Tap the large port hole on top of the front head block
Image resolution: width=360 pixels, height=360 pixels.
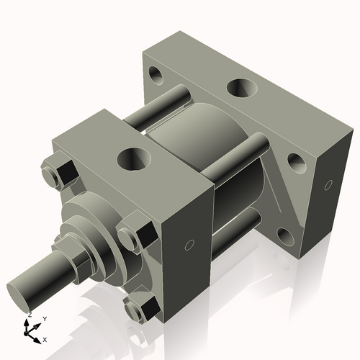click(x=131, y=156)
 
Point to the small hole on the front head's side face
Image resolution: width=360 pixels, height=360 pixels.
click(x=189, y=246)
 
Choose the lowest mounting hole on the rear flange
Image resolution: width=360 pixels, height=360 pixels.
click(x=282, y=236)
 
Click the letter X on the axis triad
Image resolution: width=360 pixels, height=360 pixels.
click(x=45, y=338)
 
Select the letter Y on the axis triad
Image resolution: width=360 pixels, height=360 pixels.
click(x=44, y=318)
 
